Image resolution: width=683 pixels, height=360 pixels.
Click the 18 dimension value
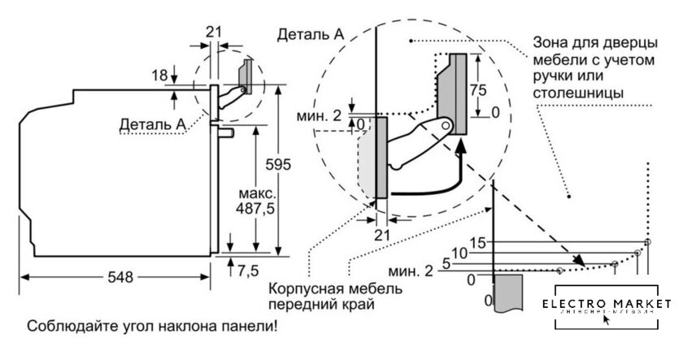click(160, 76)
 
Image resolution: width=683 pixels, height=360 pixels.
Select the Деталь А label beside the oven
click(152, 124)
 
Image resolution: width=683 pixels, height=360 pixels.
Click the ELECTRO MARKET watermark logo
click(607, 306)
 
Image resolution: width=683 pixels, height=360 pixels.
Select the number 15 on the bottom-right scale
click(476, 242)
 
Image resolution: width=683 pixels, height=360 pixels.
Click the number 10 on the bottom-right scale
click(459, 254)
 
